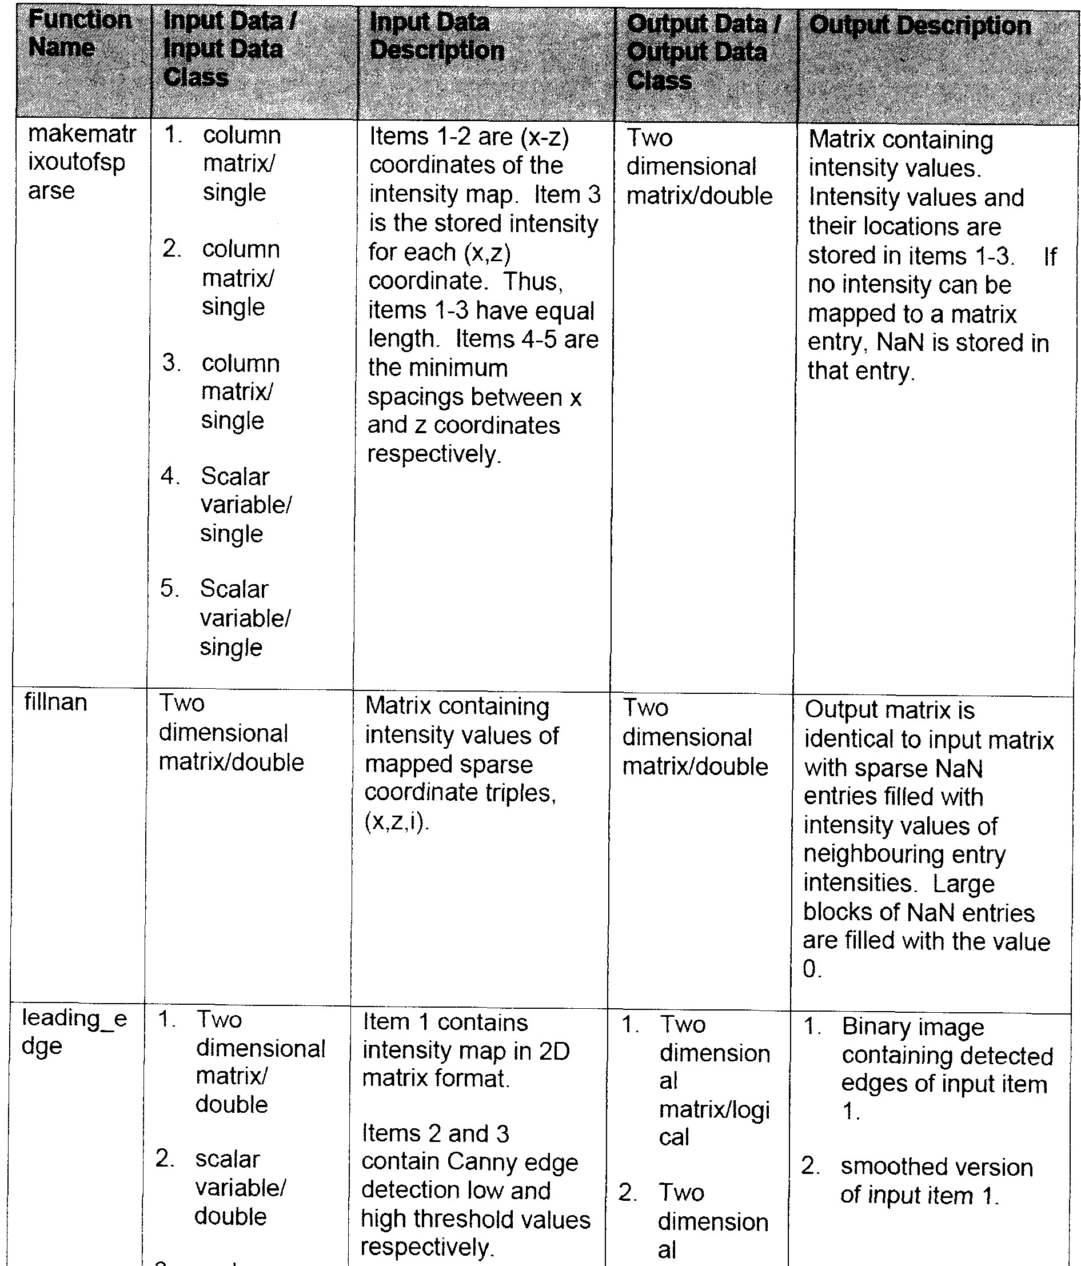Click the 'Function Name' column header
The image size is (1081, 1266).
click(x=79, y=34)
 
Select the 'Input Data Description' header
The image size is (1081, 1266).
click(x=436, y=37)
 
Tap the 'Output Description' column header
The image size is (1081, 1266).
click(x=920, y=26)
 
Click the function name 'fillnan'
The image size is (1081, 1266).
click(x=55, y=702)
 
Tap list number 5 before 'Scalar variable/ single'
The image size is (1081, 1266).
click(x=169, y=589)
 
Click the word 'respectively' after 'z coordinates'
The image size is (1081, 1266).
click(x=433, y=454)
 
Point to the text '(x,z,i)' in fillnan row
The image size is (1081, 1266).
click(x=397, y=822)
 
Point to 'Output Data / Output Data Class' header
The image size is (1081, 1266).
click(x=697, y=52)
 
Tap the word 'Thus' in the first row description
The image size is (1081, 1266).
click(x=532, y=281)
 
